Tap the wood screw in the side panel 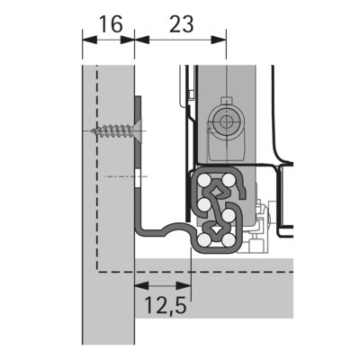click(x=112, y=130)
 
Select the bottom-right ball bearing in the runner click(x=229, y=240)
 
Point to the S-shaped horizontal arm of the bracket click(x=166, y=230)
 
